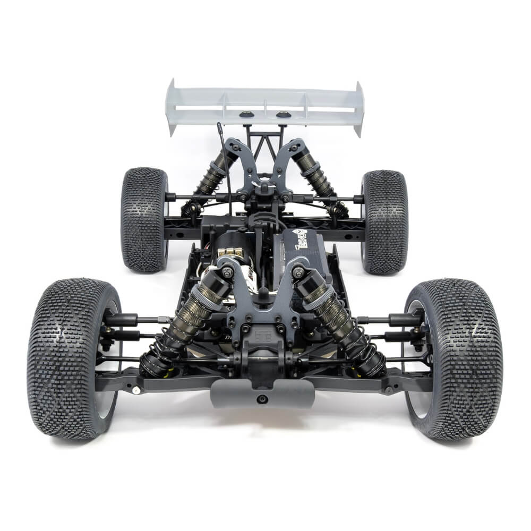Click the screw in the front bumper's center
pyautogui.click(x=261, y=399)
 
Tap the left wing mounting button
pyautogui.click(x=245, y=114)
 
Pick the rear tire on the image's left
pyautogui.click(x=144, y=219)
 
